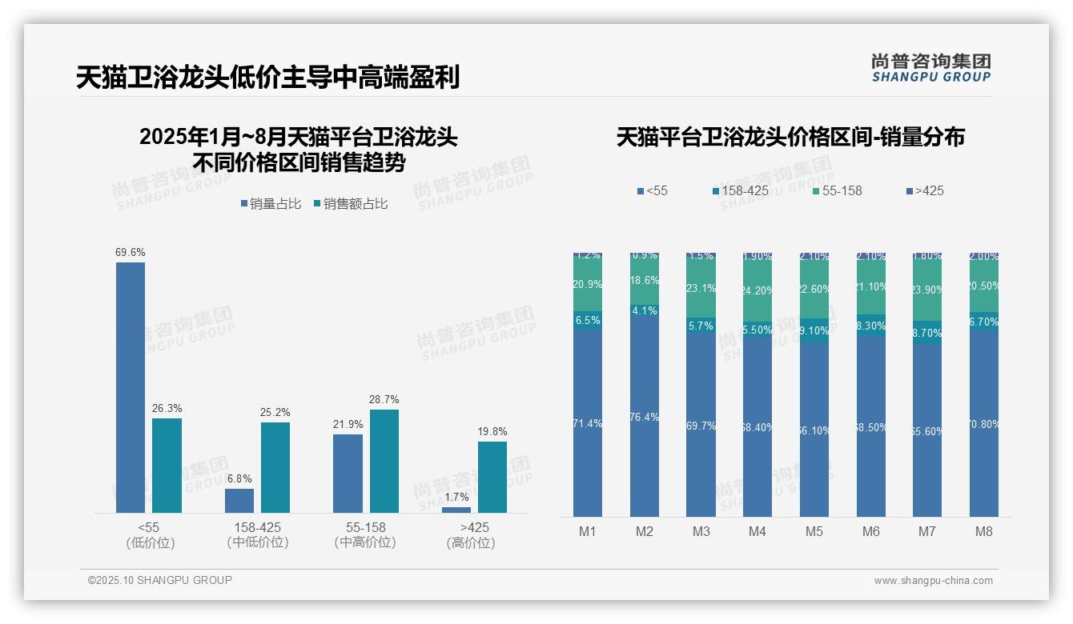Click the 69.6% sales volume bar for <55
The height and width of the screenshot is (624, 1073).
tap(131, 387)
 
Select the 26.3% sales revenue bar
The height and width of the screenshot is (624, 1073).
tap(167, 465)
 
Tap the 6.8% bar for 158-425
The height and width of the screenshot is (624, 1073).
tap(239, 500)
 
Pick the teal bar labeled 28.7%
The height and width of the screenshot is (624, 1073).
tap(384, 461)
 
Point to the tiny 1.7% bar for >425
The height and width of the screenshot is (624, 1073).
tap(456, 510)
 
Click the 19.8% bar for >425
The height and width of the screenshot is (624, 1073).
tap(492, 477)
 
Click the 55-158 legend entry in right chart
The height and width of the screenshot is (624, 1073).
tap(837, 190)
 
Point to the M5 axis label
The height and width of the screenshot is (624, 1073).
tap(814, 532)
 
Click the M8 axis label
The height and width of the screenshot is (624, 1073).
tap(984, 532)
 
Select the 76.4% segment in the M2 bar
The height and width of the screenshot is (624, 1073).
tap(645, 417)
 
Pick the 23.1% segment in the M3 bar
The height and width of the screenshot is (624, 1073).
tap(701, 288)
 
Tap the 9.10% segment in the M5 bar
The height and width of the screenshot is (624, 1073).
tap(814, 330)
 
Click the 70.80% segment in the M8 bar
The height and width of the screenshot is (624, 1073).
tap(984, 423)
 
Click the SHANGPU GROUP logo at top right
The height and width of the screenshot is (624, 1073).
tap(931, 68)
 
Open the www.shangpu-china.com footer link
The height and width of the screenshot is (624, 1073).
tap(933, 581)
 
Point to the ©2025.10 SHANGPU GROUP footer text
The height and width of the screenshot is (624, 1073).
tap(160, 580)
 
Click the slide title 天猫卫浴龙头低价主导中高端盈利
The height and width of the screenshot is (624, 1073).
tap(267, 78)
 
